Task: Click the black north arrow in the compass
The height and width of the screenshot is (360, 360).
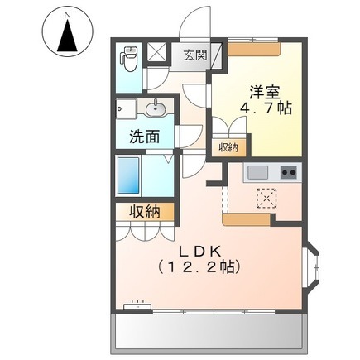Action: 67,39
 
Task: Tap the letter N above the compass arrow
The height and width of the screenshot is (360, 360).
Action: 67,15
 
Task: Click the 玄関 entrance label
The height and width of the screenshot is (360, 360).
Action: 195,56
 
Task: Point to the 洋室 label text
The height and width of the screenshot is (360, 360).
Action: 265,92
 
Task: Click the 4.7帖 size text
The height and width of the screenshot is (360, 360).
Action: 266,108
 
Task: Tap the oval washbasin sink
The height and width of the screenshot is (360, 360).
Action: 156,108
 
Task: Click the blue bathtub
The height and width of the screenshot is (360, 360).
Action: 128,175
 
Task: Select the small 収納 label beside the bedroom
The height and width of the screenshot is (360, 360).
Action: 228,148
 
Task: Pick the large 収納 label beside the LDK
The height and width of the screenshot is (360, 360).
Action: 145,212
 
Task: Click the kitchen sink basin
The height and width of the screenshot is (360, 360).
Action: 257,173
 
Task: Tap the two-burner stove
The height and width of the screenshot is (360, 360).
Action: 289,172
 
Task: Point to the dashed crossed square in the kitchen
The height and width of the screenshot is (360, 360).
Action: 266,198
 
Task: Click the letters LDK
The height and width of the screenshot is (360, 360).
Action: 200,251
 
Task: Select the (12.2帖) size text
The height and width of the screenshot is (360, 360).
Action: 200,266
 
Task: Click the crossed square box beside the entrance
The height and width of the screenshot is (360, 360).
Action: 156,53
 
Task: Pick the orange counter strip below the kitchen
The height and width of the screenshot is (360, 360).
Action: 247,220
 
